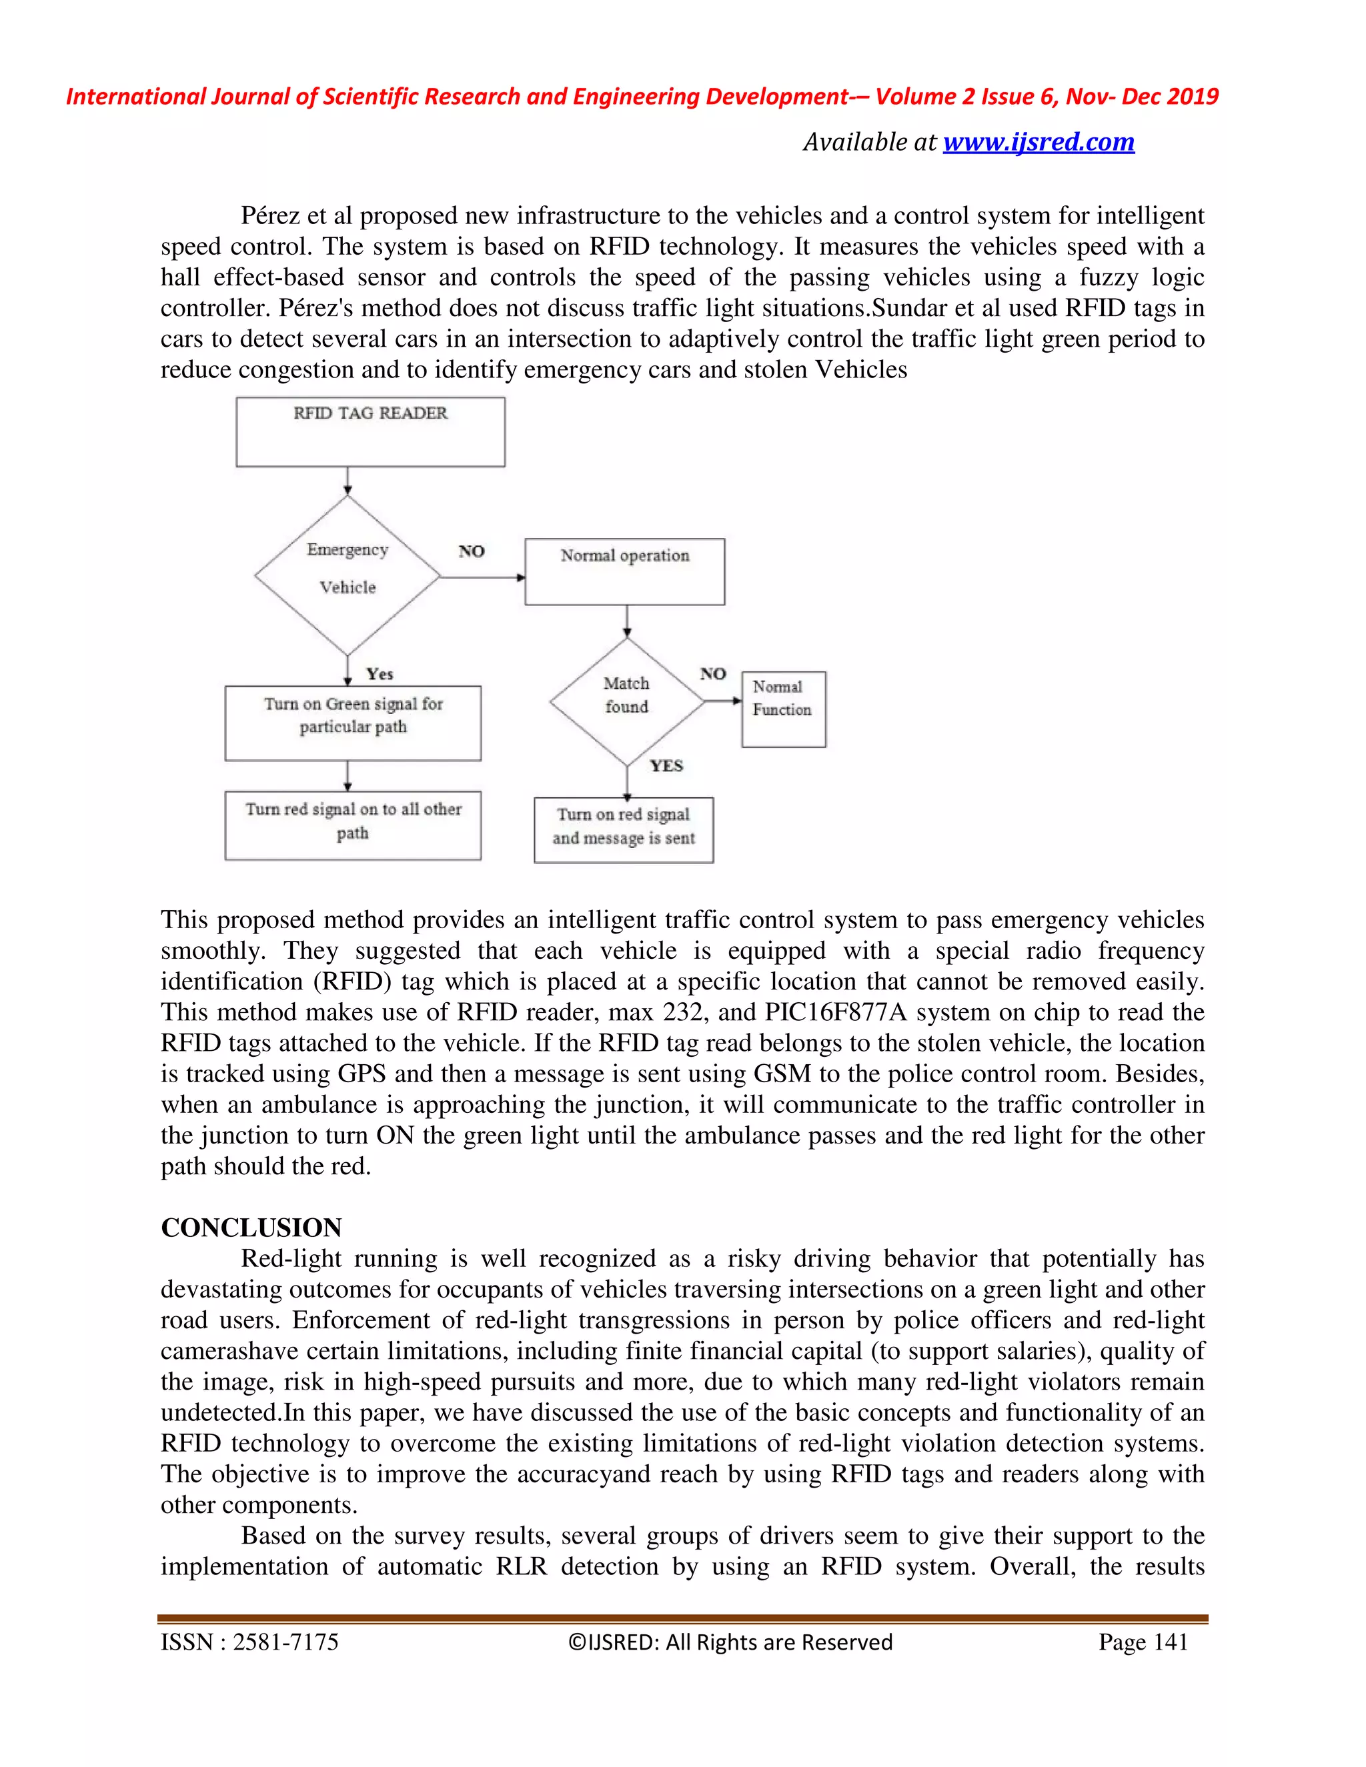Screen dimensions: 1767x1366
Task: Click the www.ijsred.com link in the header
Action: coord(1039,143)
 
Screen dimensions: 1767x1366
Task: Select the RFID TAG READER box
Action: coord(370,431)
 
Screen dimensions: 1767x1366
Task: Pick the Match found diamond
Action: coord(626,701)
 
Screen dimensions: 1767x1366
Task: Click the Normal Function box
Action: coord(782,708)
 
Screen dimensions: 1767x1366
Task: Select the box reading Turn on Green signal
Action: coord(353,723)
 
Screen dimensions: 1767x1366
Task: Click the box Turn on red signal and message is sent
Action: coord(623,829)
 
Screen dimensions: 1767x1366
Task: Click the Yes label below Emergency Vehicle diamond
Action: coord(379,674)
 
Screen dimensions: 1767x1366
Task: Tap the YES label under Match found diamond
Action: coord(666,765)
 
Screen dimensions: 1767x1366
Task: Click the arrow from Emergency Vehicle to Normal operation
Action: coord(482,577)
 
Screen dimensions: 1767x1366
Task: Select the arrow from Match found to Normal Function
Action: coord(722,701)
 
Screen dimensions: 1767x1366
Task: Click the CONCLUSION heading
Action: coord(251,1228)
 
